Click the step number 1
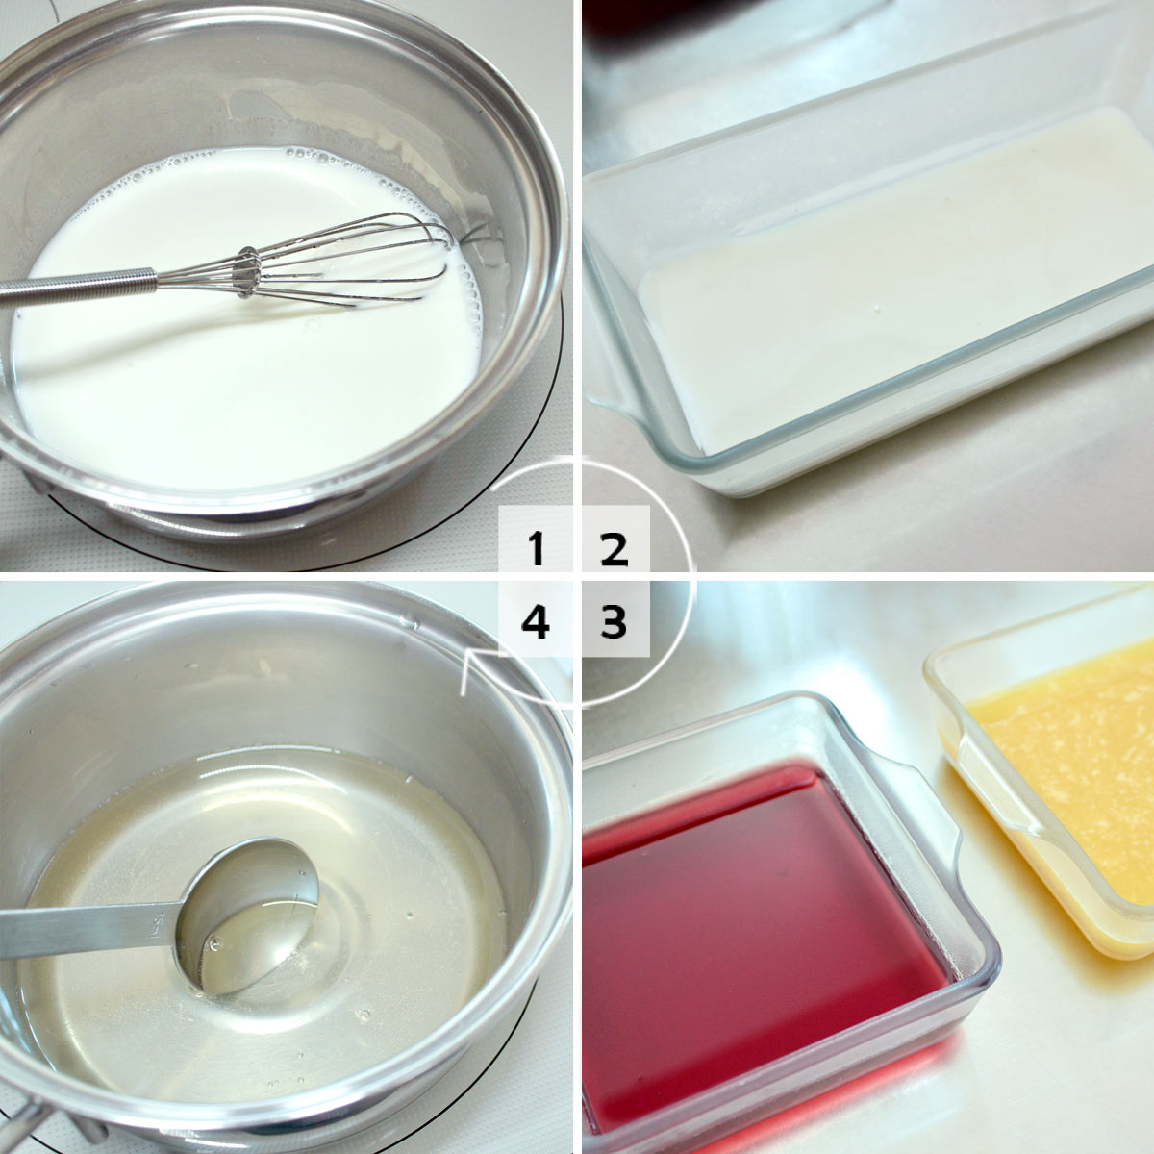[536, 548]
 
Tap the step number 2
[614, 548]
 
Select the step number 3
[614, 620]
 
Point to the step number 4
[536, 620]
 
